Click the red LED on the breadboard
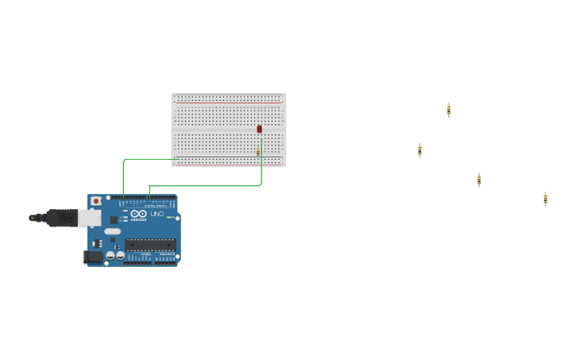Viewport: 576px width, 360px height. pyautogui.click(x=259, y=129)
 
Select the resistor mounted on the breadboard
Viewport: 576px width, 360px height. pyautogui.click(x=258, y=151)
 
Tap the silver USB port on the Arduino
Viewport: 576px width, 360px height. pyautogui.click(x=89, y=218)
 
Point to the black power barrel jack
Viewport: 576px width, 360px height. pyautogui.click(x=94, y=257)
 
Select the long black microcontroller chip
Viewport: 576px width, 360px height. pyautogui.click(x=150, y=245)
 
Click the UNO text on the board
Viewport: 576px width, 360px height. pyautogui.click(x=157, y=214)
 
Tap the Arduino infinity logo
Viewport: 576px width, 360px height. pyautogui.click(x=139, y=214)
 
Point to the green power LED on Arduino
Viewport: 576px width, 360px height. pyautogui.click(x=170, y=217)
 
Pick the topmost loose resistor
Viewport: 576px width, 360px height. pyautogui.click(x=448, y=110)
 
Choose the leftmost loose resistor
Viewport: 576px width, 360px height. pyautogui.click(x=419, y=150)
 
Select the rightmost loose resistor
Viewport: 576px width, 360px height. pyautogui.click(x=545, y=199)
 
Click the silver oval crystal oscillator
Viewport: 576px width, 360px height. pyautogui.click(x=113, y=231)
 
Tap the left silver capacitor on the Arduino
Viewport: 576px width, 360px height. pyautogui.click(x=110, y=256)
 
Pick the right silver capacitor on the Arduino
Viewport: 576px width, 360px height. pyautogui.click(x=121, y=256)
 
